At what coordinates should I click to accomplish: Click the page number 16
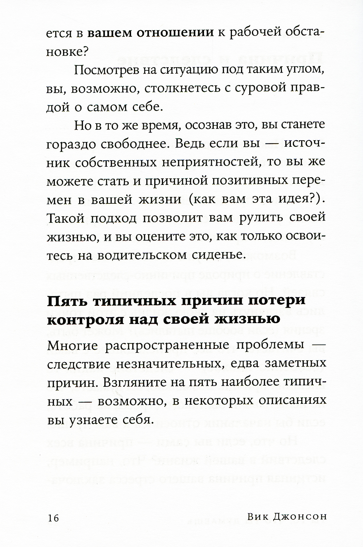click(53, 518)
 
